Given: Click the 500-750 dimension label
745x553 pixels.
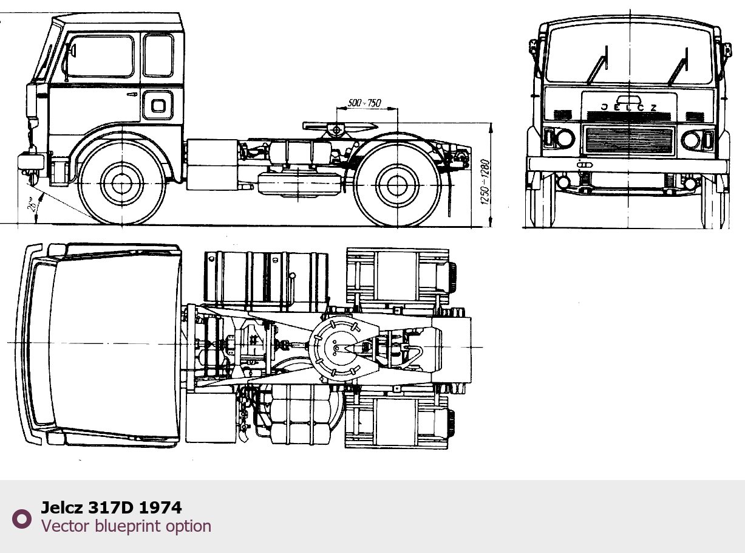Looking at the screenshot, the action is tap(364, 103).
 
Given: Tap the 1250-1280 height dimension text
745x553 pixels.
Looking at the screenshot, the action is tap(485, 182).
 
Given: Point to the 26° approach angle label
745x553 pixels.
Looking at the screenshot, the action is tap(33, 204).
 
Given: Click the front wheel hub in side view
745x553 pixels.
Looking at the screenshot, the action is tap(121, 184).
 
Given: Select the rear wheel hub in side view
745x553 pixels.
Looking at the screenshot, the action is tap(397, 185).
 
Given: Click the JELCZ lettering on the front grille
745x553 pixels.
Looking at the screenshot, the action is tap(628, 108).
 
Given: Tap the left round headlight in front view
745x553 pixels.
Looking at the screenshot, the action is tap(565, 138).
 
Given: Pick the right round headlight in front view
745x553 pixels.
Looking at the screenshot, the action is tap(691, 140).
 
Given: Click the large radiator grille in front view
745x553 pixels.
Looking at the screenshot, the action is tap(629, 140).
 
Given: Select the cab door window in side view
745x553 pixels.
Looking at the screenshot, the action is tap(99, 57).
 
